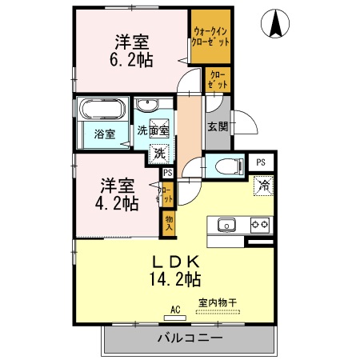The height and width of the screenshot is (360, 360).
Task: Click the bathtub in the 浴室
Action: tap(101, 109)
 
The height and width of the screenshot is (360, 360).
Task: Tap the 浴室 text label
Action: tap(105, 134)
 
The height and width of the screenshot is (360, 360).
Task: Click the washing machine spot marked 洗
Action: tap(159, 150)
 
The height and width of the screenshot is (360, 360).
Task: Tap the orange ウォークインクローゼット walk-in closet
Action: tap(211, 37)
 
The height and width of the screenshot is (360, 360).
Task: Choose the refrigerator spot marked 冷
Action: tap(262, 185)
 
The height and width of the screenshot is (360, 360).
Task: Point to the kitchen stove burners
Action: tap(259, 224)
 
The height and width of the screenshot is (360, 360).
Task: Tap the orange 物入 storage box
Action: tap(169, 222)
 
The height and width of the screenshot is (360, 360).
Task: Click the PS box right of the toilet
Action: tap(261, 162)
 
